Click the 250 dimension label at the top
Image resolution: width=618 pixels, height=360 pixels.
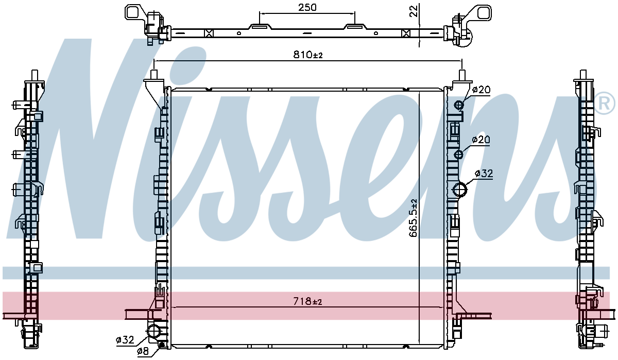307,7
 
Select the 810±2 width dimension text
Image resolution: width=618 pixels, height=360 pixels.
307,55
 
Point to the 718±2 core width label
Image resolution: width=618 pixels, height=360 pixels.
307,301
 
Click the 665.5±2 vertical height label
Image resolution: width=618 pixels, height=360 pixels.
413,218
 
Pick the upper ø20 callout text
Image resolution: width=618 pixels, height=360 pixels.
481,90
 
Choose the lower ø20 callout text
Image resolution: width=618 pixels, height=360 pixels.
481,140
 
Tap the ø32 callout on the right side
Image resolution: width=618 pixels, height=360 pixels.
484,174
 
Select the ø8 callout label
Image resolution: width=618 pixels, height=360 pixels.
143,351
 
